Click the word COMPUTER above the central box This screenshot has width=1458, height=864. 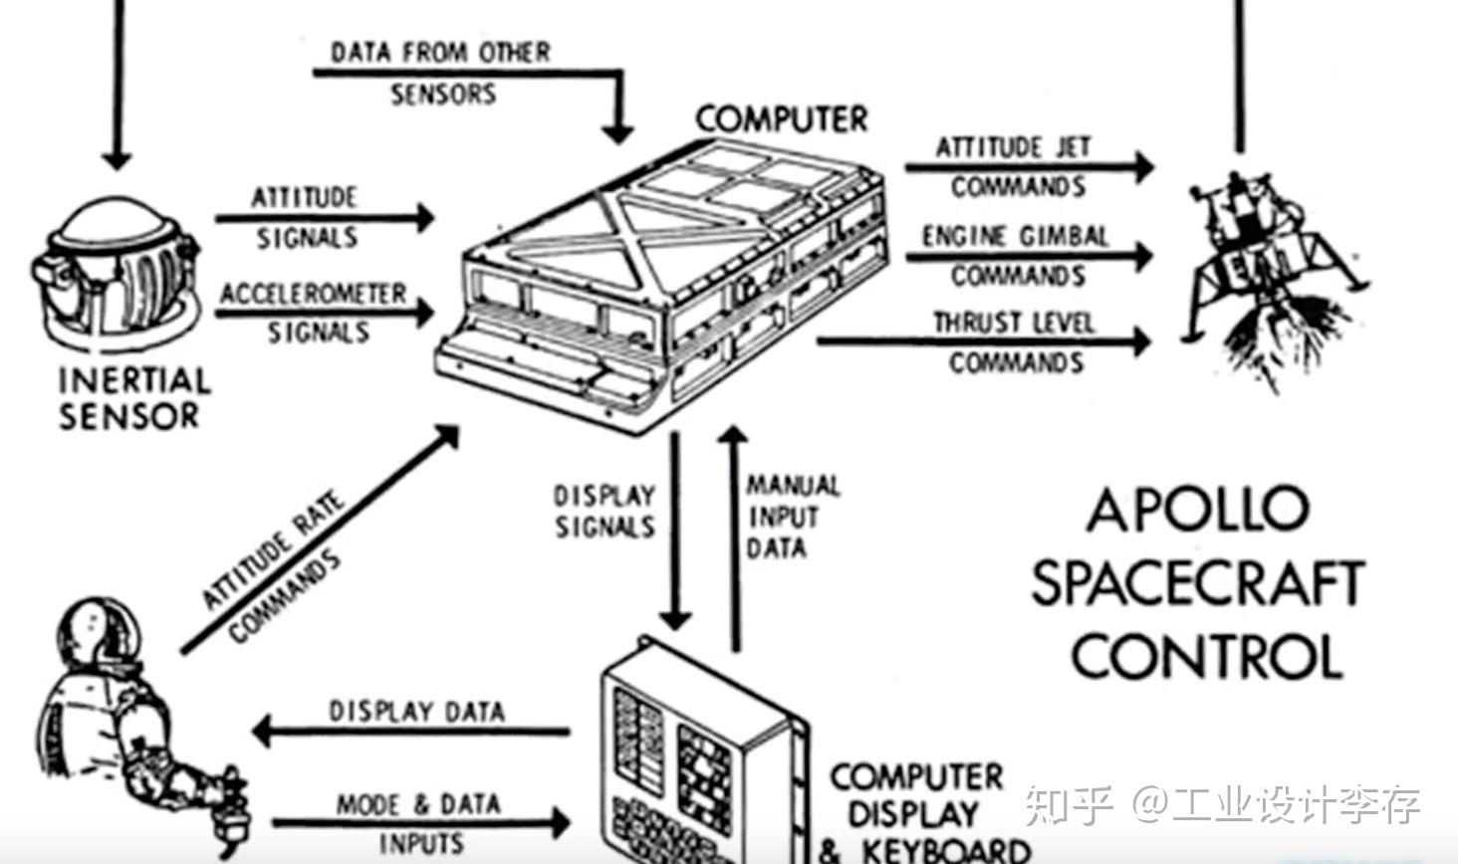tap(782, 119)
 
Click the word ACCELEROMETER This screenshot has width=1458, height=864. tap(314, 294)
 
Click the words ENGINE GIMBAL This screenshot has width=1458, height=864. tap(1015, 237)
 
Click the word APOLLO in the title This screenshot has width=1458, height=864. tap(1196, 510)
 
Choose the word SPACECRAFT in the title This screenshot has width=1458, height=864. tap(1196, 583)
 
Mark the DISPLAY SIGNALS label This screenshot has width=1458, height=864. tap(605, 511)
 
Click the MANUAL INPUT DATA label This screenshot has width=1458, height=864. tap(792, 517)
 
